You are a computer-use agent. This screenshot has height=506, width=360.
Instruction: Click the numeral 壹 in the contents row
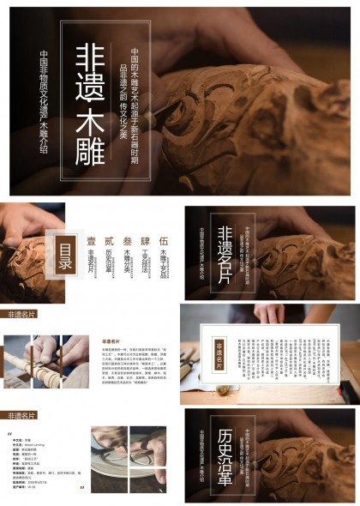click(x=91, y=242)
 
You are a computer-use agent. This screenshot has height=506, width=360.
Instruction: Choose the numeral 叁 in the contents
click(x=128, y=242)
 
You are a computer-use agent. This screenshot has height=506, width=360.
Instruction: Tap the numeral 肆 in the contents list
click(x=146, y=242)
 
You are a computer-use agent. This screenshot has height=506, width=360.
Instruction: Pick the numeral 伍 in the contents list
click(x=164, y=242)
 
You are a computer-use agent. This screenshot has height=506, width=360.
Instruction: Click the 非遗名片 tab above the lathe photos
click(x=21, y=315)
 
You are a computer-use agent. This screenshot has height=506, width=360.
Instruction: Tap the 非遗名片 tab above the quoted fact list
click(x=21, y=415)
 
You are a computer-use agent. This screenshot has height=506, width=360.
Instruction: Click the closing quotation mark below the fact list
click(x=81, y=488)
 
